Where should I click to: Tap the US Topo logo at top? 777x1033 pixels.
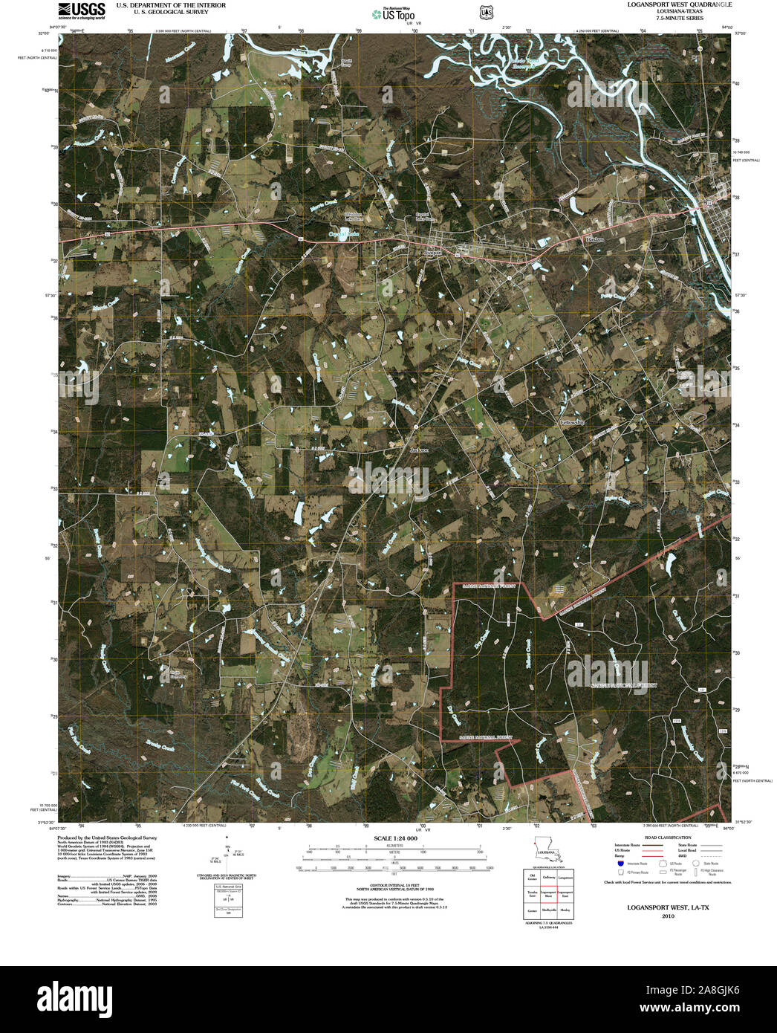(x=393, y=13)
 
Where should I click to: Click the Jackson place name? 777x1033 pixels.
(x=420, y=450)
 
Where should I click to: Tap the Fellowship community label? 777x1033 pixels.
(x=572, y=422)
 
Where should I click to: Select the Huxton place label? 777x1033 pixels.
(x=594, y=239)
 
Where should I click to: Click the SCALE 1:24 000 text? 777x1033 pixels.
(x=395, y=838)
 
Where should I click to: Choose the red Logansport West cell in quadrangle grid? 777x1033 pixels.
(x=548, y=893)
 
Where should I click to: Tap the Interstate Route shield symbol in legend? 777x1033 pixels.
(x=620, y=864)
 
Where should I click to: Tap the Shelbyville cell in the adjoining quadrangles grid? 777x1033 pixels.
(x=548, y=910)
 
